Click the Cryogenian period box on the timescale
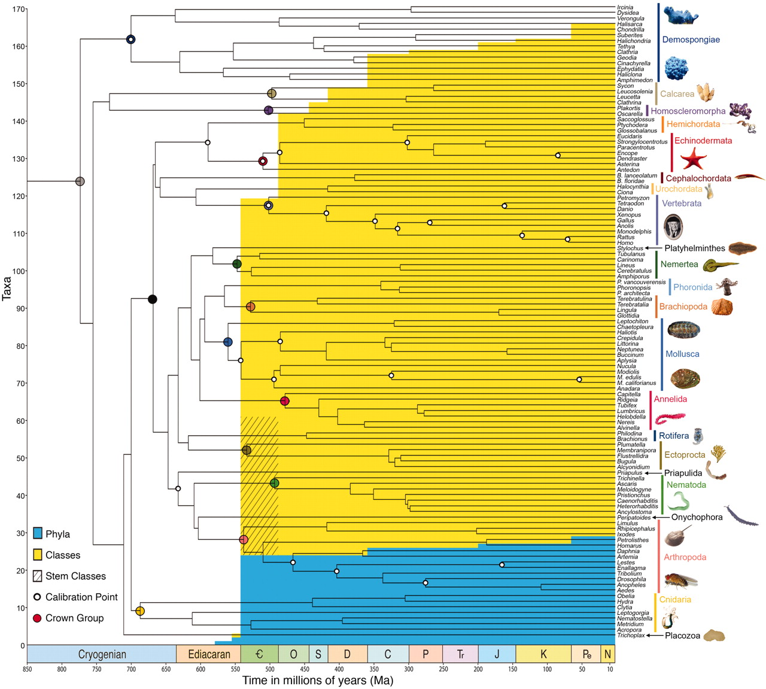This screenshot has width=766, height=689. (102, 654)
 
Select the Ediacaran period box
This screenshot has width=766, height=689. (209, 654)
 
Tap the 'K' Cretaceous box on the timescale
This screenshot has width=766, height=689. (543, 654)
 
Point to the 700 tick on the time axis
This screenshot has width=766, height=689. (131, 669)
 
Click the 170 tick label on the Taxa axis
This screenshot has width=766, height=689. (19, 10)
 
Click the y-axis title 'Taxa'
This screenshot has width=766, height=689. (7, 288)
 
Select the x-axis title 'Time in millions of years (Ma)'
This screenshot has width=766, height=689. (318, 681)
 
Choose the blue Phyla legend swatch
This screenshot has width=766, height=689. (38, 534)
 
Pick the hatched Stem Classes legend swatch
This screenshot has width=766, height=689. (38, 576)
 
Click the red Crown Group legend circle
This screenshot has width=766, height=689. (37, 618)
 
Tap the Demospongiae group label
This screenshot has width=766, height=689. (691, 40)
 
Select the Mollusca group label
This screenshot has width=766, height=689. (682, 354)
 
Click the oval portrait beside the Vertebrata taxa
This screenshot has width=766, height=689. (673, 227)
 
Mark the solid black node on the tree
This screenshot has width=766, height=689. (153, 299)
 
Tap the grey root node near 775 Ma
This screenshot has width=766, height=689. (80, 181)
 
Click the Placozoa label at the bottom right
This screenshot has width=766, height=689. (682, 636)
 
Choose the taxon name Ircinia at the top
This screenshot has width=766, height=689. (625, 7)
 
